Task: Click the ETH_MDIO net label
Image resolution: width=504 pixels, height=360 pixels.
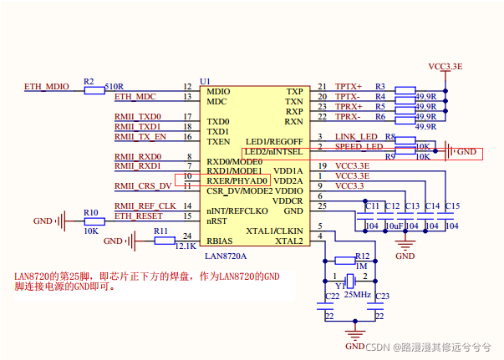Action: pyautogui.click(x=47, y=87)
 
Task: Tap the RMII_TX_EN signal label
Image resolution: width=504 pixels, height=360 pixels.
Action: pyautogui.click(x=140, y=137)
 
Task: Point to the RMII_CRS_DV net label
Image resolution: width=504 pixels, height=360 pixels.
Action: pyautogui.click(x=143, y=185)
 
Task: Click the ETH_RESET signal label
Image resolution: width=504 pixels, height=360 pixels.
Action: pyautogui.click(x=139, y=215)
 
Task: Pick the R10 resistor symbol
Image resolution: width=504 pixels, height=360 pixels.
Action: pyautogui.click(x=92, y=221)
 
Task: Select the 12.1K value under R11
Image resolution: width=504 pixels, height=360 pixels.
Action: pyautogui.click(x=186, y=246)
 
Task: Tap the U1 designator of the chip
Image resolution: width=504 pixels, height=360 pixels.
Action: pyautogui.click(x=205, y=81)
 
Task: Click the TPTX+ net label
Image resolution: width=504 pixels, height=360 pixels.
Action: pyautogui.click(x=349, y=87)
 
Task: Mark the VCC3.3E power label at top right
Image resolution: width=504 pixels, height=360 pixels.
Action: pyautogui.click(x=445, y=65)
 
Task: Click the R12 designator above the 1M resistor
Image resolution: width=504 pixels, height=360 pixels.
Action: pyautogui.click(x=362, y=256)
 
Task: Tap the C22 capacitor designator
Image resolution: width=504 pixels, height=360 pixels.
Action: pyautogui.click(x=332, y=297)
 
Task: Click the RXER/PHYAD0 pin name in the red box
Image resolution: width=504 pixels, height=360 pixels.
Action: pyautogui.click(x=237, y=180)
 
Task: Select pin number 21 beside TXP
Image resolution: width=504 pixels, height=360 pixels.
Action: pyautogui.click(x=322, y=87)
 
